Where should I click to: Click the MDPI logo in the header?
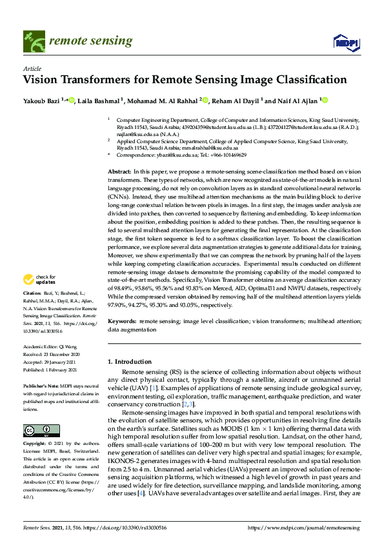(x=346, y=43)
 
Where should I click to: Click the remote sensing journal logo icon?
(x=32, y=42)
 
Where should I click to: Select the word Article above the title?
(x=32, y=68)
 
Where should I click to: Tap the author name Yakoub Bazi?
(x=45, y=101)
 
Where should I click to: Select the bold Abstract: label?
(x=119, y=171)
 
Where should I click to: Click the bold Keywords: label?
(x=123, y=321)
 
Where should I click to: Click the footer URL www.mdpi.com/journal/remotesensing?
(x=304, y=528)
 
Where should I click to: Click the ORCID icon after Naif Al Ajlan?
(x=325, y=100)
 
